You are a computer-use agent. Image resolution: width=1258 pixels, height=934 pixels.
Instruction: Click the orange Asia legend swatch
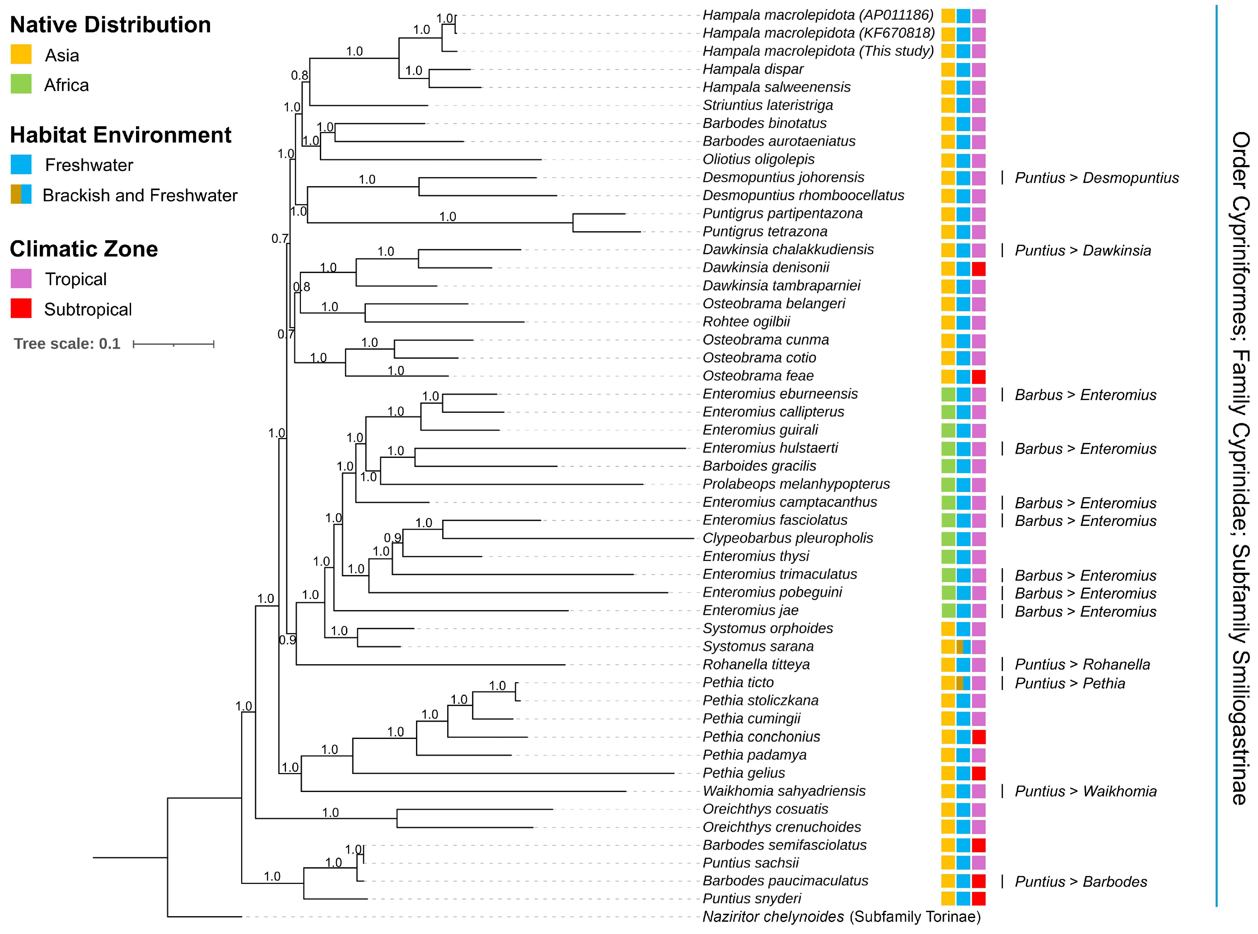pos(21,55)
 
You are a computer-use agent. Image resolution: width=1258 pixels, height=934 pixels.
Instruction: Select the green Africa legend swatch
pos(21,84)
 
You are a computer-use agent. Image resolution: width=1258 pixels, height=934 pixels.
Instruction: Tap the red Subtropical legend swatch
pos(21,309)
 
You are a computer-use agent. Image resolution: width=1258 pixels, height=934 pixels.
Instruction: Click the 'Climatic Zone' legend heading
pos(84,249)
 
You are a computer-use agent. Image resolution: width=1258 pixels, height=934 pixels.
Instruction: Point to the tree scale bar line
pos(174,344)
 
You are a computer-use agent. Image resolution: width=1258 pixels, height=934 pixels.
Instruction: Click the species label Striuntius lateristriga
pos(767,105)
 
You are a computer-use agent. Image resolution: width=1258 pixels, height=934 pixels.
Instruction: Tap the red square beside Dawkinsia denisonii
pos(978,268)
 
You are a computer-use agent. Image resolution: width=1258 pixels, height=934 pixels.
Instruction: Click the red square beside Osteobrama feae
pos(978,377)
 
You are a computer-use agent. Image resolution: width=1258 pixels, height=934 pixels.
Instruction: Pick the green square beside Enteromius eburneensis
pos(948,395)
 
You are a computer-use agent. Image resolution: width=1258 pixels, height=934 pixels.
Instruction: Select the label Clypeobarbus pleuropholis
pos(787,538)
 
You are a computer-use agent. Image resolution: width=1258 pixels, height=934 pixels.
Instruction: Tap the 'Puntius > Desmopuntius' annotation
pos(1096,178)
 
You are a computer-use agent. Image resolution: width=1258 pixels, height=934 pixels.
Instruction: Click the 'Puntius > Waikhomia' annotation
pos(1085,792)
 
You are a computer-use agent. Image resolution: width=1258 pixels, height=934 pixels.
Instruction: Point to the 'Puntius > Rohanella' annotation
pos(1082,665)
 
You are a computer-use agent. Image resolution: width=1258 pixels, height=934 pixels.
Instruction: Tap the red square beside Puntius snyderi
pos(978,899)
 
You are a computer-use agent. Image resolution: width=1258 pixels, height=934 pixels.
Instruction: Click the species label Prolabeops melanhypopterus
pos(796,484)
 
